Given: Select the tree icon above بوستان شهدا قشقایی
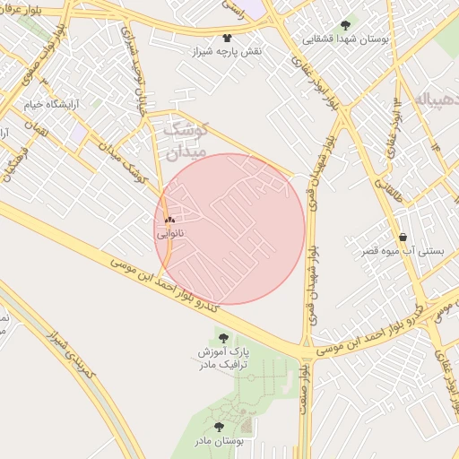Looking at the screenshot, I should (x=346, y=25).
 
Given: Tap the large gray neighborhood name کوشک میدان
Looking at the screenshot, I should (x=186, y=140).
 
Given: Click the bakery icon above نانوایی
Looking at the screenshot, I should (x=169, y=220).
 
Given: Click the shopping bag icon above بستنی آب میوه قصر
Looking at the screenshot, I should (x=403, y=238).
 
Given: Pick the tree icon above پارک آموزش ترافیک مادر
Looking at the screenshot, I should (x=222, y=338).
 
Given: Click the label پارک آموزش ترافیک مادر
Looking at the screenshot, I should (x=223, y=359).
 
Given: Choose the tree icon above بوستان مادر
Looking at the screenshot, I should (x=220, y=427).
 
